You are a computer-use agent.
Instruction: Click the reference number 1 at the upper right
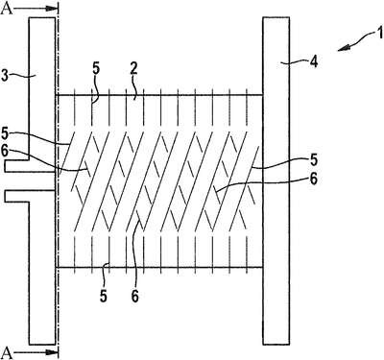pyautogui.click(x=379, y=34)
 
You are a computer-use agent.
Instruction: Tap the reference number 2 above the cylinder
pyautogui.click(x=134, y=69)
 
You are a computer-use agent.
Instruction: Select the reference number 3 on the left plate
pyautogui.click(x=6, y=76)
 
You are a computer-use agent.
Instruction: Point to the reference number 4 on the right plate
pyautogui.click(x=314, y=61)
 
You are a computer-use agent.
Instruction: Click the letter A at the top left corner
pyautogui.click(x=7, y=9)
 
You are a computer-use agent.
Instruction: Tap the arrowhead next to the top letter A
pyautogui.click(x=51, y=9)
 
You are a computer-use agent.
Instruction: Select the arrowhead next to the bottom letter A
pyautogui.click(x=51, y=352)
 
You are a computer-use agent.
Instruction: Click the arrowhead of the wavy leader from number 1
pyautogui.click(x=344, y=48)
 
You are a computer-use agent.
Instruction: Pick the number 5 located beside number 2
pyautogui.click(x=96, y=69)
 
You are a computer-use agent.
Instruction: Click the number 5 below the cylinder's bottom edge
pyautogui.click(x=104, y=297)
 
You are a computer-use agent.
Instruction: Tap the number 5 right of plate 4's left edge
pyautogui.click(x=314, y=160)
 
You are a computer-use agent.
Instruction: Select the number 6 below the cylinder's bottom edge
pyautogui.click(x=134, y=297)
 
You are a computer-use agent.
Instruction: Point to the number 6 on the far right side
pyautogui.click(x=314, y=180)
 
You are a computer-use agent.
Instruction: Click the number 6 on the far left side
pyautogui.click(x=4, y=152)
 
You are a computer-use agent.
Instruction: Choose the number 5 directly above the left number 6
pyautogui.click(x=5, y=133)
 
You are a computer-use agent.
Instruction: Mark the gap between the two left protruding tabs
pyautogui.click(x=31, y=181)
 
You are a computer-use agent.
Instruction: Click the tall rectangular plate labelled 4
pyautogui.click(x=276, y=180)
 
